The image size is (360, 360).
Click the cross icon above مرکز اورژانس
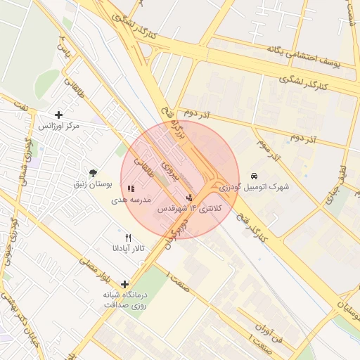pyautogui.click(x=58, y=115)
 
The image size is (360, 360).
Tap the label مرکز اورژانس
pyautogui.click(x=58, y=126)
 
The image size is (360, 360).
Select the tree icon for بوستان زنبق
pyautogui.click(x=93, y=173)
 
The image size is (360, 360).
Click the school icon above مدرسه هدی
pyautogui.click(x=130, y=188)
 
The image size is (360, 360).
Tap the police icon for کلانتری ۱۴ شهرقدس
pyautogui.click(x=188, y=198)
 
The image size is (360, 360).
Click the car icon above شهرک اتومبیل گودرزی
pyautogui.click(x=254, y=175)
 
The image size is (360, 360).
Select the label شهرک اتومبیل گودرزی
pyautogui.click(x=254, y=187)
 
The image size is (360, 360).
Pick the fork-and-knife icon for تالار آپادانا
pyautogui.click(x=127, y=238)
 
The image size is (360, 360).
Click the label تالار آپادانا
pyautogui.click(x=127, y=249)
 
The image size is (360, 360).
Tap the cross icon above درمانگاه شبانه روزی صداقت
pyautogui.click(x=125, y=284)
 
